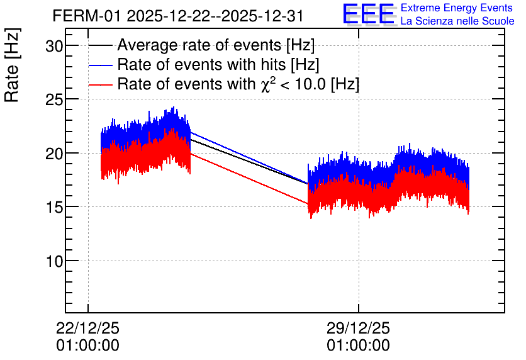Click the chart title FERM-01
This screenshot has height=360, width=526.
pyautogui.click(x=86, y=16)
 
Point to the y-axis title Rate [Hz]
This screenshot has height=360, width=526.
pyautogui.click(x=12, y=65)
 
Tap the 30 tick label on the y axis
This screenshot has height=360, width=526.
pyautogui.click(x=54, y=46)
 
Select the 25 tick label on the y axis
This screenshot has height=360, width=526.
pyautogui.click(x=54, y=99)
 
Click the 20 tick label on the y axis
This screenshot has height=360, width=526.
pyautogui.click(x=54, y=154)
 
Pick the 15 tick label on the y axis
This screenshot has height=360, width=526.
pyautogui.click(x=54, y=207)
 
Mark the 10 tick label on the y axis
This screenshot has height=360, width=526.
pyautogui.click(x=54, y=261)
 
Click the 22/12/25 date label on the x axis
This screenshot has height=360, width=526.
pyautogui.click(x=87, y=328)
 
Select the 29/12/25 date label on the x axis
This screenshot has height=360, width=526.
pyautogui.click(x=358, y=328)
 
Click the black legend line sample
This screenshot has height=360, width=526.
pyautogui.click(x=100, y=45)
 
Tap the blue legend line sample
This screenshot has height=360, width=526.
pyautogui.click(x=100, y=65)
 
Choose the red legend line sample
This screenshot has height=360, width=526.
pyautogui.click(x=100, y=84)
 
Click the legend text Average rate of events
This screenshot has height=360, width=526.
pyautogui.click(x=199, y=45)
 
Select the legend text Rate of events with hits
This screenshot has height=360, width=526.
pyautogui.click(x=201, y=64)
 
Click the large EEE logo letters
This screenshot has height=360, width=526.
pyautogui.click(x=369, y=14)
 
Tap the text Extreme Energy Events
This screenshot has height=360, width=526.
pyautogui.click(x=457, y=8)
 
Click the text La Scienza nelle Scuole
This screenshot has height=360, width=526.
pyautogui.click(x=457, y=21)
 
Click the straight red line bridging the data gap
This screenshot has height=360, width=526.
pyautogui.click(x=249, y=179)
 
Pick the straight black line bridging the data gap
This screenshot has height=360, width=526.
pyautogui.click(x=249, y=161)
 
